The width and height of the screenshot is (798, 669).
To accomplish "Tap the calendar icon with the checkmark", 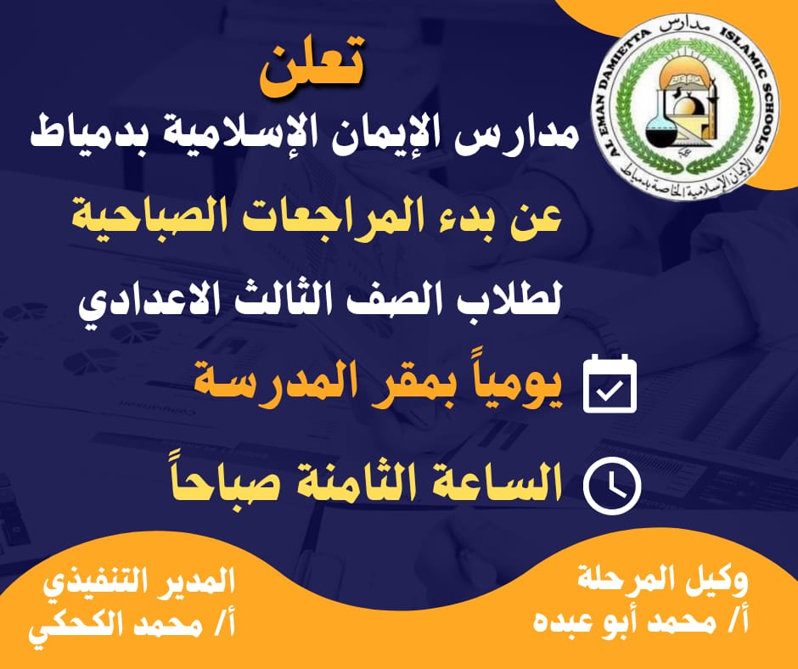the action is [610, 384].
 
